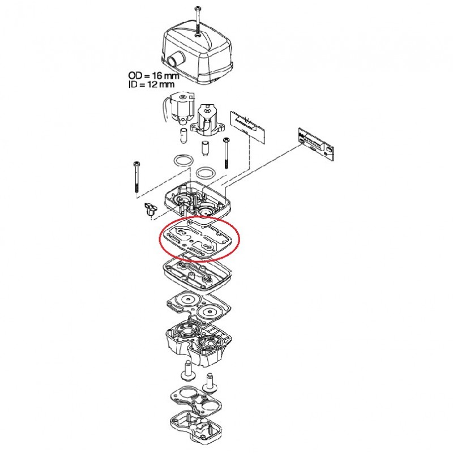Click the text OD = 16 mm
153,76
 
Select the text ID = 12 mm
151,84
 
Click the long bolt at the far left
136,177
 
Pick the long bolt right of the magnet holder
225,153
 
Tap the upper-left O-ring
183,161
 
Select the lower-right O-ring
206,173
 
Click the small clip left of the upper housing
151,208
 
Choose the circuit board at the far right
316,144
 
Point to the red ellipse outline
161,240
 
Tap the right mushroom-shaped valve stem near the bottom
210,383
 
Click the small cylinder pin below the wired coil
183,135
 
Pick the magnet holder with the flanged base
207,119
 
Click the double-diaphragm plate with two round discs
199,307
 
